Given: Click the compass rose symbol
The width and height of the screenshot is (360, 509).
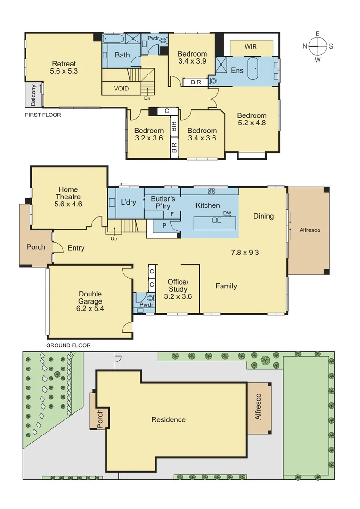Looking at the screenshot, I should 318,46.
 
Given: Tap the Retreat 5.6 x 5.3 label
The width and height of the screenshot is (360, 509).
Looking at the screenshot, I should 64,67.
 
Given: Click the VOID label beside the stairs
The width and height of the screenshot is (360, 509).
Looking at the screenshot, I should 121,89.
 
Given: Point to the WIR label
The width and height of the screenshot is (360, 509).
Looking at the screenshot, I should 251,47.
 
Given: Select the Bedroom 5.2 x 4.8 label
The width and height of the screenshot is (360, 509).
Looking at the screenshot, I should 252,119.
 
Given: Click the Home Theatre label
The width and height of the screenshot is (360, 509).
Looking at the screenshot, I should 69,197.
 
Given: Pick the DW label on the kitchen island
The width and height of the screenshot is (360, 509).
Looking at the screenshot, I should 227,213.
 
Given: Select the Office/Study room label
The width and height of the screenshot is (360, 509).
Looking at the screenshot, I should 178,289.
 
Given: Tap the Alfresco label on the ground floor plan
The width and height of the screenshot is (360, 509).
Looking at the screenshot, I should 310,230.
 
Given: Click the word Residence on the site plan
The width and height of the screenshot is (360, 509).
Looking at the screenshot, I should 168,419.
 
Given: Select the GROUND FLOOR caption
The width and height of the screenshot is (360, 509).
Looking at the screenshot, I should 68,345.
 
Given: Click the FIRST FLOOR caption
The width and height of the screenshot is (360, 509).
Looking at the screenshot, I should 43,115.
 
